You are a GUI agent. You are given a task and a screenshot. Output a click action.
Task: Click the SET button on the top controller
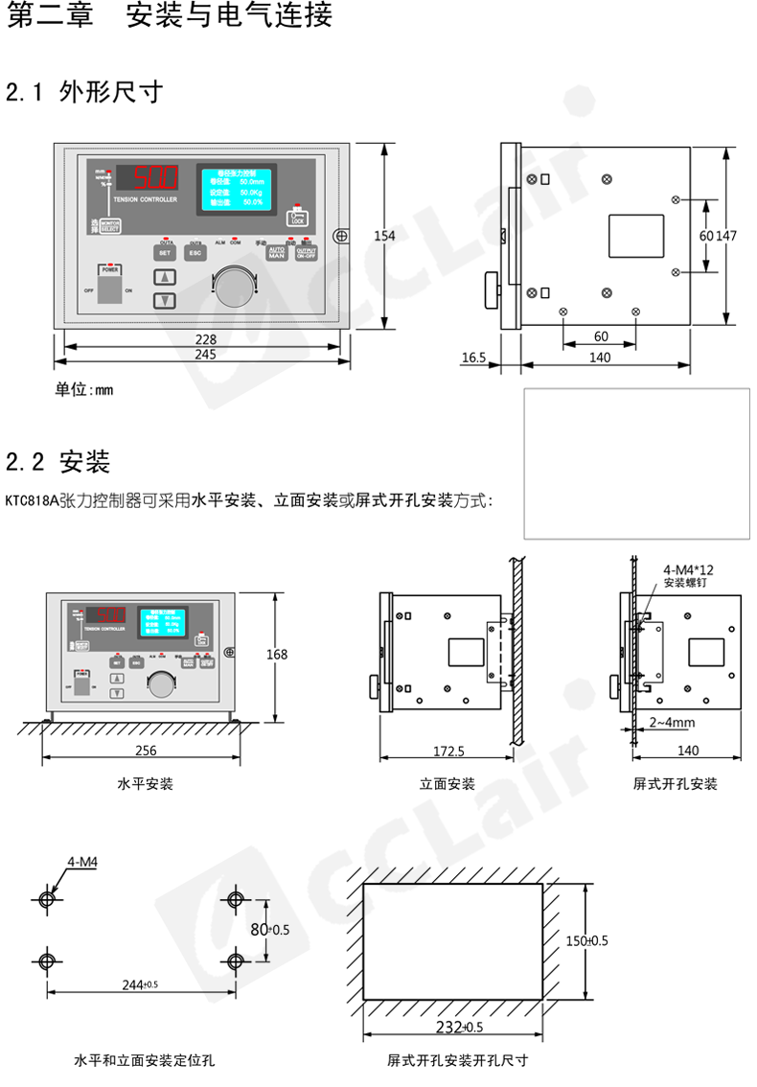[164, 253]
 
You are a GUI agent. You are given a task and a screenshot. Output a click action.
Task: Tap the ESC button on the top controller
[195, 253]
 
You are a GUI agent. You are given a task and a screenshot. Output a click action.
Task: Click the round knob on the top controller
[235, 288]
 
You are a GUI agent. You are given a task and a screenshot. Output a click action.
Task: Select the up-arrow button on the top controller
[166, 278]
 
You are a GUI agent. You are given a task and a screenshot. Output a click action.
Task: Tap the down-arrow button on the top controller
[166, 300]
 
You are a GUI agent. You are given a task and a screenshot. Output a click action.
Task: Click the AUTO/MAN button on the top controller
[277, 254]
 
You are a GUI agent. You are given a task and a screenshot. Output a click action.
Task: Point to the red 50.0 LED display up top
[154, 177]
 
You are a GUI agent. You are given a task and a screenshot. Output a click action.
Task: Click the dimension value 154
[384, 237]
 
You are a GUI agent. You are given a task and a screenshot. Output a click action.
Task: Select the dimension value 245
[205, 354]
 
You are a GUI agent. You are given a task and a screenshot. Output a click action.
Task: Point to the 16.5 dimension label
[474, 358]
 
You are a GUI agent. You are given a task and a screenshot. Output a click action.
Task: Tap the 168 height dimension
[277, 655]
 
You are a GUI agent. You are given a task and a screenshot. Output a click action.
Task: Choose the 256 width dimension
[146, 750]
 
